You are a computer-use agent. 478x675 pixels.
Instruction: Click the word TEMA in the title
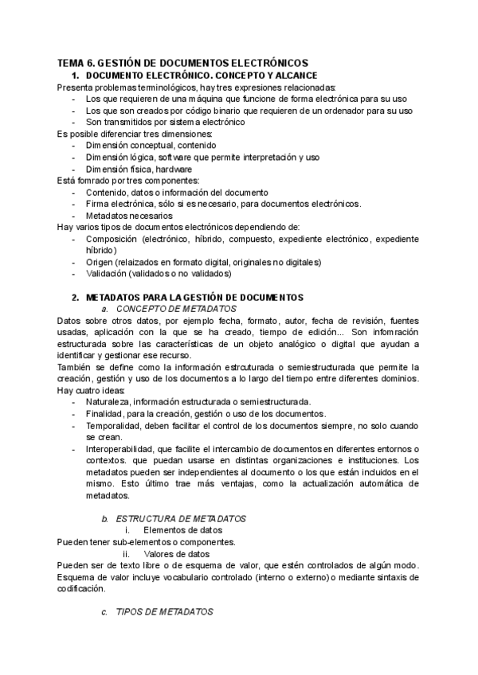point(70,63)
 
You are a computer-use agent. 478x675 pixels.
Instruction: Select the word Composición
point(113,239)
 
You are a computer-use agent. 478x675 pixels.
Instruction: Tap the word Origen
point(100,262)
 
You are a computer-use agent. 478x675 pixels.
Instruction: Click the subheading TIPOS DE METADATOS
point(165,612)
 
